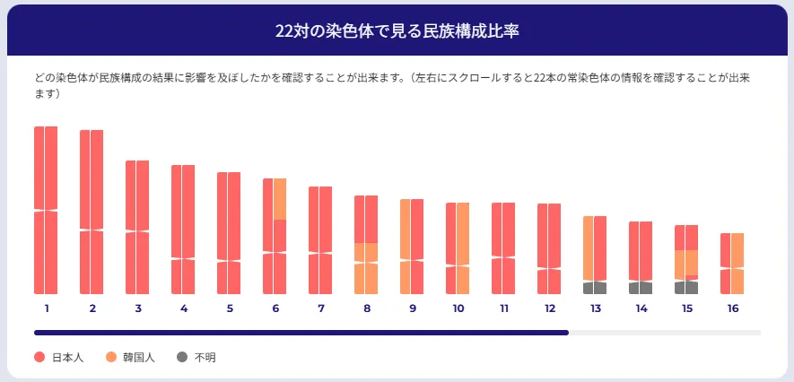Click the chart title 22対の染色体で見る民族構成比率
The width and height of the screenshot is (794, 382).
[x=397, y=30]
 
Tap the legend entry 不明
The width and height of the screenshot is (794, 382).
[x=205, y=357]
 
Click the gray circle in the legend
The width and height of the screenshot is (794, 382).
[x=182, y=357]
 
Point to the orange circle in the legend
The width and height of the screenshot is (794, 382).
[x=111, y=357]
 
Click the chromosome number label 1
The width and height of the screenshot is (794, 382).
[x=46, y=308]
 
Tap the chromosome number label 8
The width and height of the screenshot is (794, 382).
[x=366, y=308]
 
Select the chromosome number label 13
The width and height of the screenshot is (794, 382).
[x=595, y=308]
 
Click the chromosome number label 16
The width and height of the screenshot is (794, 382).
[x=733, y=308]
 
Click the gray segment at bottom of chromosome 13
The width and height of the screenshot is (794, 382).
[x=595, y=288]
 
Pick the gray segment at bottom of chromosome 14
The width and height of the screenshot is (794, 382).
[x=641, y=288]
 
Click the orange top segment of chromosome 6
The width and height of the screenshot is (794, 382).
[x=280, y=198]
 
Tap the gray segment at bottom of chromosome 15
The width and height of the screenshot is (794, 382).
[x=686, y=288]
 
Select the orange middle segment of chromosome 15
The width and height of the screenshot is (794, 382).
[x=686, y=263]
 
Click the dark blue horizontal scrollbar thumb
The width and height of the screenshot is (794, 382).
[x=301, y=332]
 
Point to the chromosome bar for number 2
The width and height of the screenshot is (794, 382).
[x=92, y=212]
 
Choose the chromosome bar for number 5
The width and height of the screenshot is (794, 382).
[x=229, y=233]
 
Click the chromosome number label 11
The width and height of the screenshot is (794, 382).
[x=504, y=308]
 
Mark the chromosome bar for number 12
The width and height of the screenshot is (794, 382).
[x=549, y=248]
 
